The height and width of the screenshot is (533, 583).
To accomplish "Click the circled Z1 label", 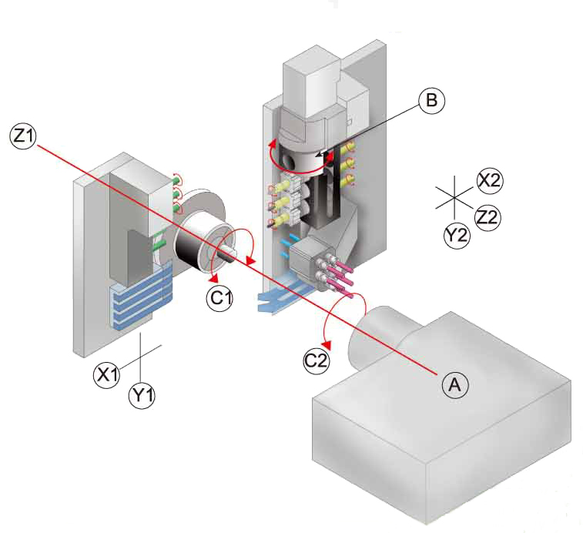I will [x=22, y=136].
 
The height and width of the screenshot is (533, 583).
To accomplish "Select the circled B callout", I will [x=431, y=100].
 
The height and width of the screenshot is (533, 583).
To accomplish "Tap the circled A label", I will [x=454, y=383].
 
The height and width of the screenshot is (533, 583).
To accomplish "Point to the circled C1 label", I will [x=220, y=297].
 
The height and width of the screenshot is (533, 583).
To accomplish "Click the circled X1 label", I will [x=107, y=375].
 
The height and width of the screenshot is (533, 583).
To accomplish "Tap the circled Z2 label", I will [x=487, y=217].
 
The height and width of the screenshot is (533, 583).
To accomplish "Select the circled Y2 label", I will [x=457, y=235].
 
